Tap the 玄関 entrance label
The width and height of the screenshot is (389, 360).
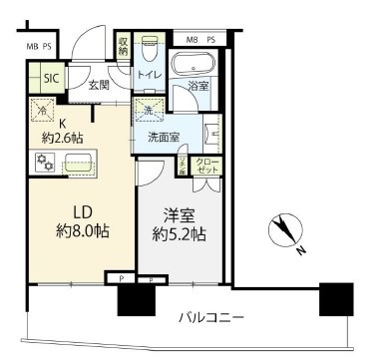tap(98, 87)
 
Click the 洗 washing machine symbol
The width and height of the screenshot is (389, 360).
tap(147, 109)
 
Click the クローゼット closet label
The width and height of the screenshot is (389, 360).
tap(206, 167)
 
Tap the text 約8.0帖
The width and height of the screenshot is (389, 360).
tap(80, 231)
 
